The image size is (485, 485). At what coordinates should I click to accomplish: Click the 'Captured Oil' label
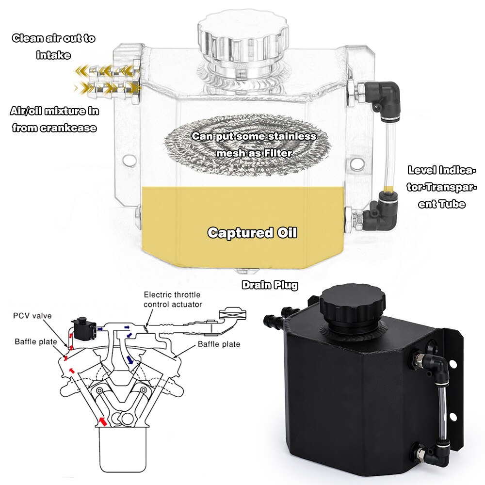(x=252, y=233)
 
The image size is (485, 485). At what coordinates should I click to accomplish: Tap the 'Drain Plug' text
(x=270, y=285)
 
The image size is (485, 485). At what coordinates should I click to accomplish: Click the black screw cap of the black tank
(x=353, y=303)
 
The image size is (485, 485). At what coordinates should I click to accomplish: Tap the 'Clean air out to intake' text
(x=53, y=46)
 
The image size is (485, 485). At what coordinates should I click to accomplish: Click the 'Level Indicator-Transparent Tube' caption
(x=442, y=187)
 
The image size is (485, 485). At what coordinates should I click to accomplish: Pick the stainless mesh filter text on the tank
(x=254, y=145)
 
